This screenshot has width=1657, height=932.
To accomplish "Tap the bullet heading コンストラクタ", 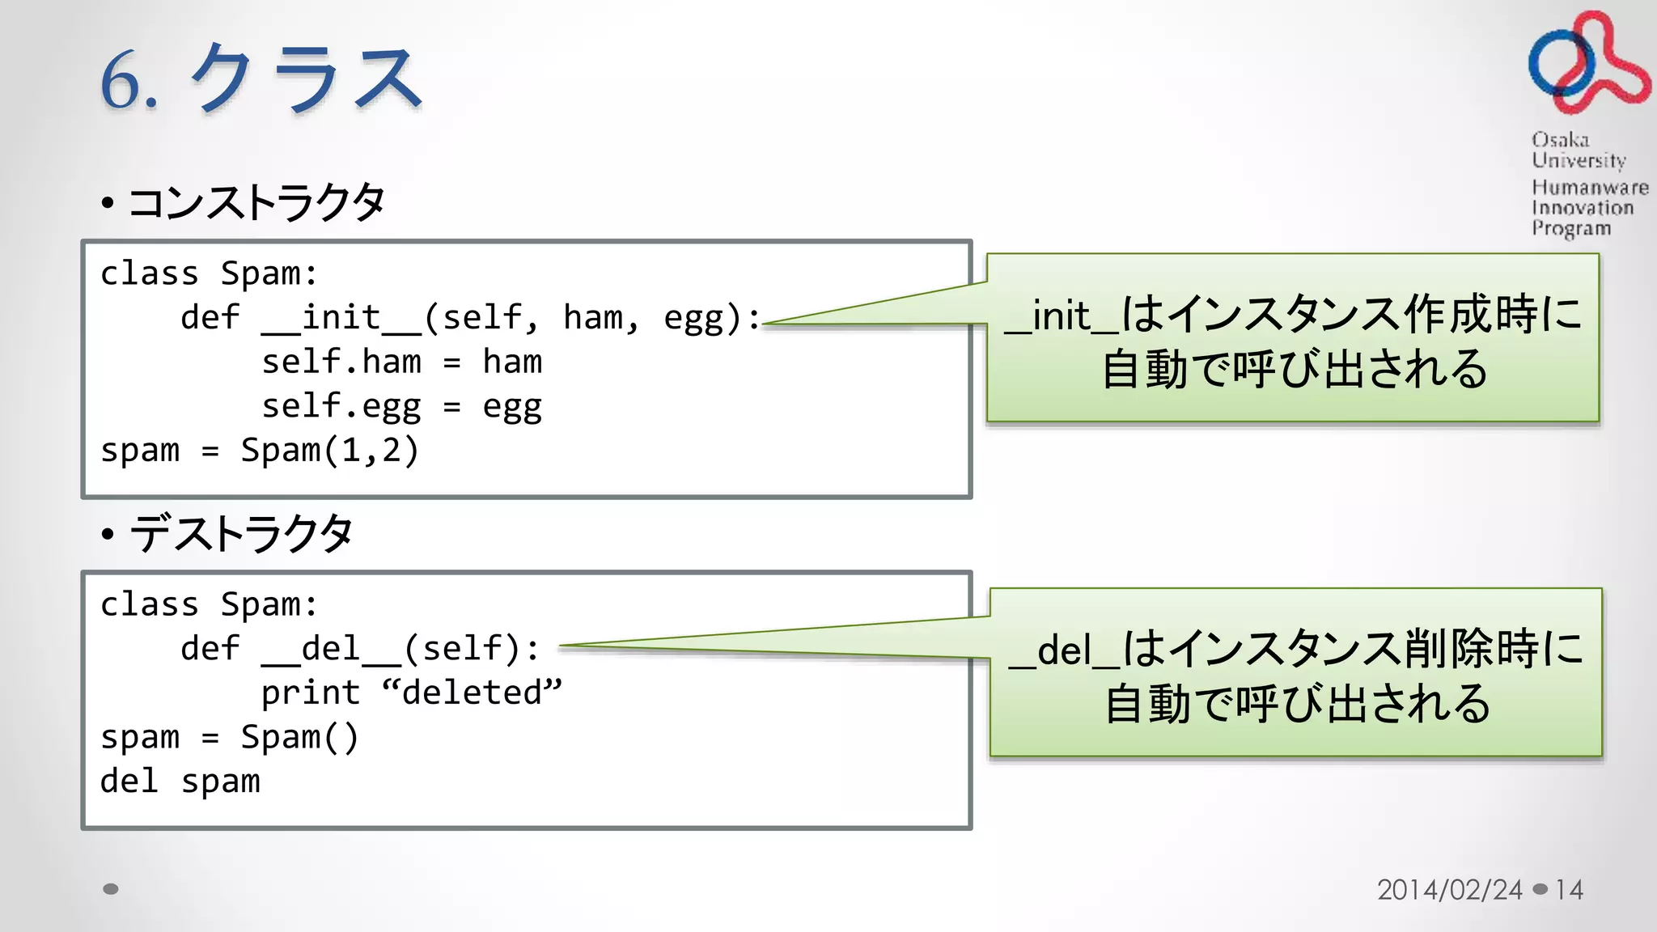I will (256, 202).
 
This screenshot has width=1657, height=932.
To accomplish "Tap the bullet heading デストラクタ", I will (240, 534).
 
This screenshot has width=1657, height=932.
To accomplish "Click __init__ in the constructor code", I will (341, 318).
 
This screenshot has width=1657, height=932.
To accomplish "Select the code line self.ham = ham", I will (401, 362).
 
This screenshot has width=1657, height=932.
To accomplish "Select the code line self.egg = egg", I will (401, 406).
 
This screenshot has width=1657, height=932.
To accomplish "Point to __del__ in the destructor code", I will (331, 649).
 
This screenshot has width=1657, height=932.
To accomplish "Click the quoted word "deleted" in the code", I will (472, 693).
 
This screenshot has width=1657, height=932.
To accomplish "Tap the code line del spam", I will (180, 782).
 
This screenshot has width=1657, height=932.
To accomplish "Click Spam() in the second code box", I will (299, 737).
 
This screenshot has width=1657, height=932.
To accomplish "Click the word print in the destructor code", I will (310, 693).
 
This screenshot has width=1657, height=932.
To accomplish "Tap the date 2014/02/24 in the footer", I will (1449, 890).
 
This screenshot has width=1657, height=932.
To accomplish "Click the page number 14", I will (1569, 890).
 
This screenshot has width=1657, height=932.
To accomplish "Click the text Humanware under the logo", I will (1589, 188).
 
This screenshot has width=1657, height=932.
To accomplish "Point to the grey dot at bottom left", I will (111, 889).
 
